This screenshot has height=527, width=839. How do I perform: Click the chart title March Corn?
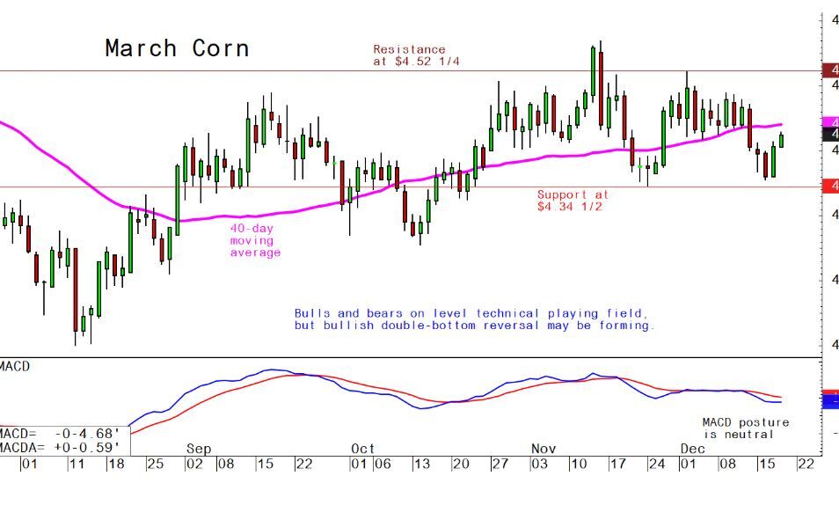(x=177, y=48)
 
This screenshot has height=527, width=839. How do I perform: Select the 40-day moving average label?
(x=255, y=240)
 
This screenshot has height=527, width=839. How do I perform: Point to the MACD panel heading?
(x=15, y=365)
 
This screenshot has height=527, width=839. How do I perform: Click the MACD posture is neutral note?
(x=745, y=428)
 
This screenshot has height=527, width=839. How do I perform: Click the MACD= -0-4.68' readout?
(x=60, y=434)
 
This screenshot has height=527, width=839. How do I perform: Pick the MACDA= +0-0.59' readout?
(x=60, y=447)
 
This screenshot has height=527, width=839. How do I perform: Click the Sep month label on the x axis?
(x=199, y=449)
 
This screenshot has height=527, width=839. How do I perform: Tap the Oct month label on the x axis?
(x=362, y=449)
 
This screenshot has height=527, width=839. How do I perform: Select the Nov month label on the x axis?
(x=543, y=449)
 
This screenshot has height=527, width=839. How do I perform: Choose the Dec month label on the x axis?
(x=692, y=449)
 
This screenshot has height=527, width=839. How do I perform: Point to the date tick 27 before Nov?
(x=499, y=464)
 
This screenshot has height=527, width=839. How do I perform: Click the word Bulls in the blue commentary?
(x=313, y=313)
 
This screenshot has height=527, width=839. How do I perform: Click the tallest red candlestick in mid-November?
(x=601, y=88)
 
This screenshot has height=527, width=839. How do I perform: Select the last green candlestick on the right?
(x=781, y=140)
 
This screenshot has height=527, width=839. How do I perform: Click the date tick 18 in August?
(x=115, y=464)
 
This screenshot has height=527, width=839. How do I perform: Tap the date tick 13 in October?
(x=422, y=464)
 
